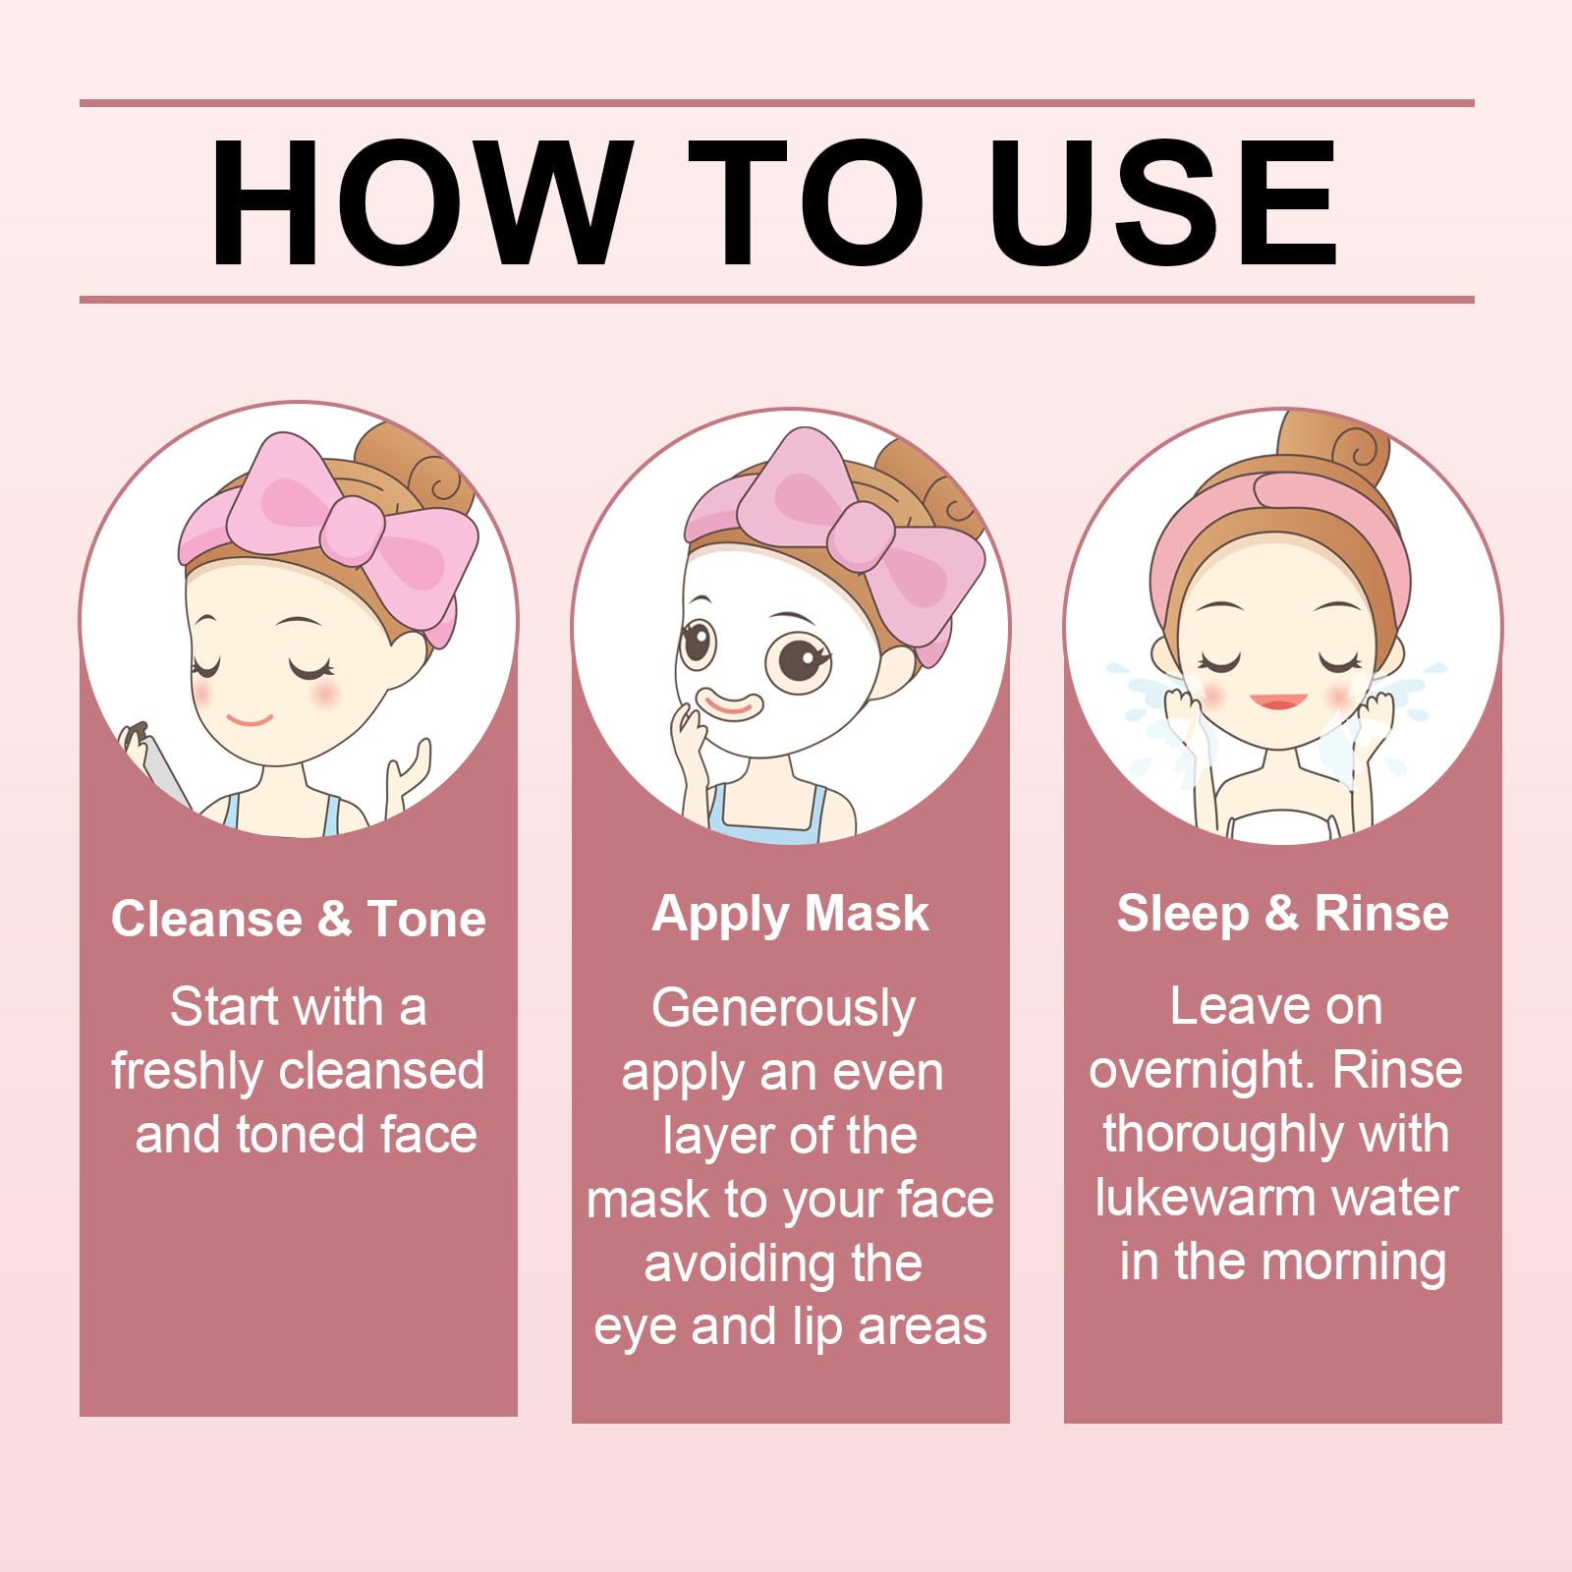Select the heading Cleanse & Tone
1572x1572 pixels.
pyautogui.click(x=299, y=919)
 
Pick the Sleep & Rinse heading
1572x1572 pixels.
pyautogui.click(x=1282, y=914)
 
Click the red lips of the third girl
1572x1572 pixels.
pyautogui.click(x=1278, y=702)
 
